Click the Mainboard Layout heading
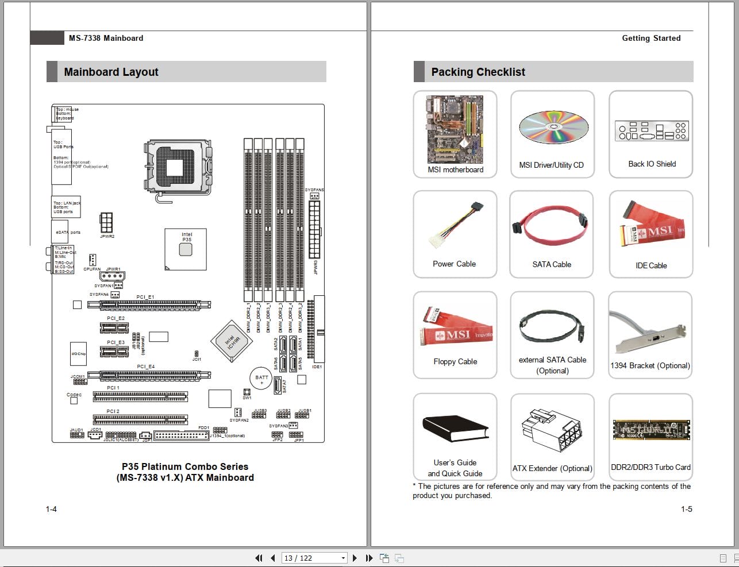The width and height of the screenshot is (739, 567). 111,72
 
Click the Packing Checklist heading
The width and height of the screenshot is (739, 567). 478,72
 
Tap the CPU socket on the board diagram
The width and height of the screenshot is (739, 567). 178,167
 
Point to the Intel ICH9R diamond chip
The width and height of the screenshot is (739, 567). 232,341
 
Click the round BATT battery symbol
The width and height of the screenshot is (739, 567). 261,379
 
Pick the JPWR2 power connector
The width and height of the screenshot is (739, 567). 106,222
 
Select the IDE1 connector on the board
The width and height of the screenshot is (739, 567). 318,330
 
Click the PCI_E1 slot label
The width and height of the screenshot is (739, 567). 145,297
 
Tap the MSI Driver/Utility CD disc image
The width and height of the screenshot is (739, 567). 553,127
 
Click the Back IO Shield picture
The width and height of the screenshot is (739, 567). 651,131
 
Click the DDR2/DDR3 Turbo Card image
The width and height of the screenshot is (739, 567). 651,430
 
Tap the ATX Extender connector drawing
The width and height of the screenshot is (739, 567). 552,432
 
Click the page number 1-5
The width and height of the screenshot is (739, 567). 686,509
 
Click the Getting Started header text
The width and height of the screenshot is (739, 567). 651,38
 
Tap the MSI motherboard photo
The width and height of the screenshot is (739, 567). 455,129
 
